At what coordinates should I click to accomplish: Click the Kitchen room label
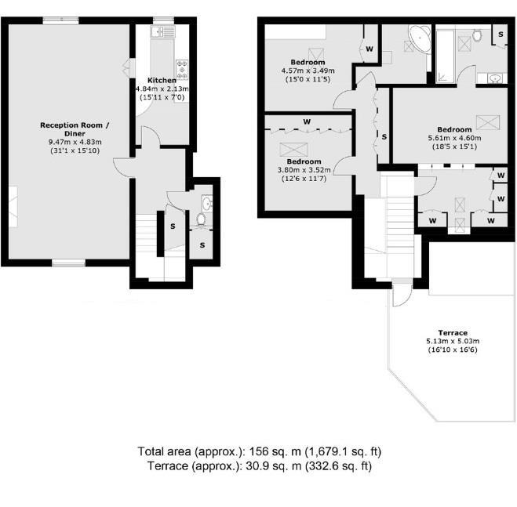tap(162, 80)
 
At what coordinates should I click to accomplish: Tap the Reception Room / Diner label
tap(75, 129)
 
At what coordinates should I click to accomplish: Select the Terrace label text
tap(453, 332)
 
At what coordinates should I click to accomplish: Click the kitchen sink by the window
tap(162, 32)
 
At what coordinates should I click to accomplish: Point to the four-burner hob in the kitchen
tap(182, 70)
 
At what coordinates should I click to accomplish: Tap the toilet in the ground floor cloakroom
tap(201, 219)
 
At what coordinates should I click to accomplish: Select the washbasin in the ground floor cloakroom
tap(207, 204)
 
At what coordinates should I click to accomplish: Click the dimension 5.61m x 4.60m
tap(454, 138)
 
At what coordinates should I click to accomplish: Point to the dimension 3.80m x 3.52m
tap(304, 170)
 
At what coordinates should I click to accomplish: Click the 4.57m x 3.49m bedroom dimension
tap(308, 71)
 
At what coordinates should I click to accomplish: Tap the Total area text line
tap(259, 451)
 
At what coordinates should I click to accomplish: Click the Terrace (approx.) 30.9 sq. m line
tap(259, 466)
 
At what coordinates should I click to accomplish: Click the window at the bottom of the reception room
tap(68, 263)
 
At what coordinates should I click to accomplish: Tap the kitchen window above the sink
tap(163, 20)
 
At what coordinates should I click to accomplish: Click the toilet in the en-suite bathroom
tap(476, 35)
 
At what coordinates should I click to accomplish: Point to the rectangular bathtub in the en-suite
tap(446, 56)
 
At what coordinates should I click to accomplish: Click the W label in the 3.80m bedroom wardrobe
tap(307, 122)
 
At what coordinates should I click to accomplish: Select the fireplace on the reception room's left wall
tap(13, 207)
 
